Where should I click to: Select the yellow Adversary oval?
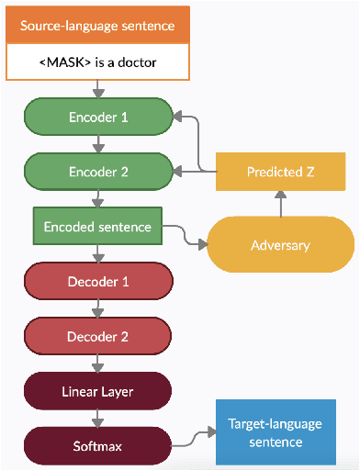click(x=280, y=245)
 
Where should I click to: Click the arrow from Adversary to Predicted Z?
click(x=280, y=206)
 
